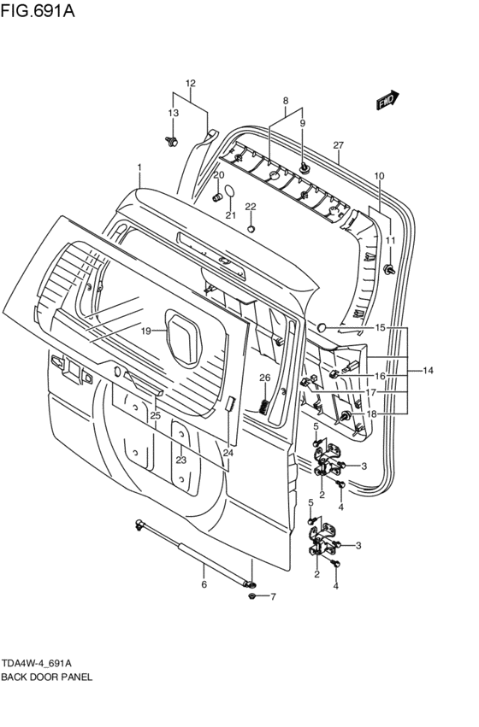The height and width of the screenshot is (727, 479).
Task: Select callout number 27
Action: [338, 144]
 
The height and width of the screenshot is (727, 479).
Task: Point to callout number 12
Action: [190, 84]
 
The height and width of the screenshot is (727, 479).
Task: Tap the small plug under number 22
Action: [251, 228]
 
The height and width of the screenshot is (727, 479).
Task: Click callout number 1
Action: [139, 167]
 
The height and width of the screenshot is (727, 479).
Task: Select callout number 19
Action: [146, 331]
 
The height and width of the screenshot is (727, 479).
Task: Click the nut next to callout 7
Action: [252, 595]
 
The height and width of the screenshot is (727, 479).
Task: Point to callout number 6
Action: [204, 585]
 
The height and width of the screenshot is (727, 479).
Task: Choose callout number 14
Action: [428, 370]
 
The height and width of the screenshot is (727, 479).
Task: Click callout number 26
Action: [264, 378]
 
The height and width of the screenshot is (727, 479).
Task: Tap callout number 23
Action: [181, 460]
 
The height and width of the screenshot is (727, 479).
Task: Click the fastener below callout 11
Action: [390, 270]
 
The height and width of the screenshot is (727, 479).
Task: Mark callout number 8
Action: [286, 101]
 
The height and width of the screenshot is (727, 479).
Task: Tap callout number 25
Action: [155, 415]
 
